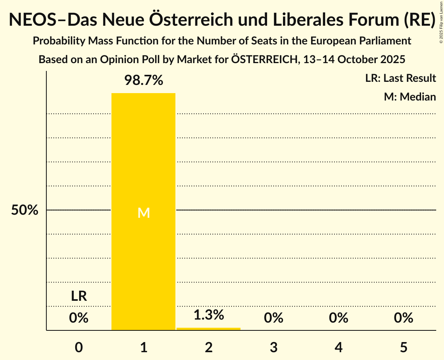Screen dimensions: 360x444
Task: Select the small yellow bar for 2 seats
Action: click(209, 329)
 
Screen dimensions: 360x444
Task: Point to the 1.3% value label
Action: click(209, 315)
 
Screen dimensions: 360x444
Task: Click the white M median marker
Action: click(143, 213)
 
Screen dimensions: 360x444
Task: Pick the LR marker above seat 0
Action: click(79, 296)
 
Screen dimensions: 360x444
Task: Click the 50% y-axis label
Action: click(25, 210)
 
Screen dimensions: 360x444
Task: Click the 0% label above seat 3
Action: click(273, 318)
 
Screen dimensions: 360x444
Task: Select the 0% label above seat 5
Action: click(403, 318)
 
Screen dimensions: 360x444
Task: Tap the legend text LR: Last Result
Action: click(400, 78)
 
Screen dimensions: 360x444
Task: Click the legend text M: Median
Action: click(410, 97)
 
